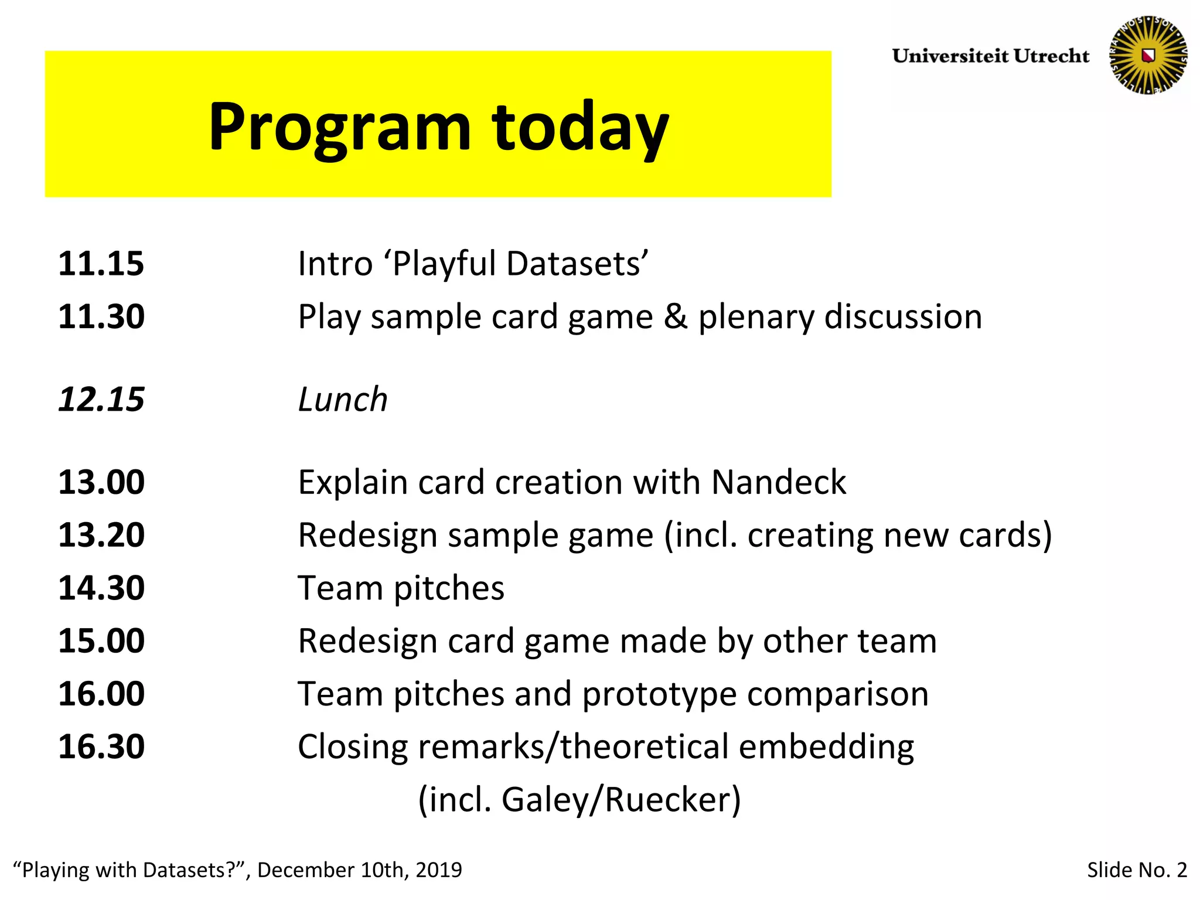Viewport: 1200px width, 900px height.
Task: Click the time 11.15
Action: tap(101, 264)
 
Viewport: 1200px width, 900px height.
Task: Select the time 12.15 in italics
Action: tap(101, 400)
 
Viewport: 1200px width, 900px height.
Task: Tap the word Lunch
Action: tap(343, 400)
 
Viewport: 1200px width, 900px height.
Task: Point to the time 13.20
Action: tap(101, 536)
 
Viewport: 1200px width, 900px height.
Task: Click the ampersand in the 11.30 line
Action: tap(676, 317)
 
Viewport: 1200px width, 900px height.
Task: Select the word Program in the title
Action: tap(340, 127)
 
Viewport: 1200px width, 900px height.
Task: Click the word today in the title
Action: tap(580, 127)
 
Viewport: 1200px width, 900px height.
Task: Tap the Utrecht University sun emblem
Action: tap(1148, 56)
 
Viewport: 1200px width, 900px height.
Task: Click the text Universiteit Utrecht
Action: tap(990, 56)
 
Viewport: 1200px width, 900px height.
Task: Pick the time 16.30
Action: tap(101, 747)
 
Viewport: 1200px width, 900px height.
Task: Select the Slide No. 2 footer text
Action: tap(1137, 870)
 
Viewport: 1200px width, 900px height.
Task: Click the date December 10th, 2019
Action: tap(359, 870)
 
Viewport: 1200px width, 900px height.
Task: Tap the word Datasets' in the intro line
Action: tap(577, 264)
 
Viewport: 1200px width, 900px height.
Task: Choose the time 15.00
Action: tap(101, 641)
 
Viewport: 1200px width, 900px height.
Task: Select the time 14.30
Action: tap(101, 588)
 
